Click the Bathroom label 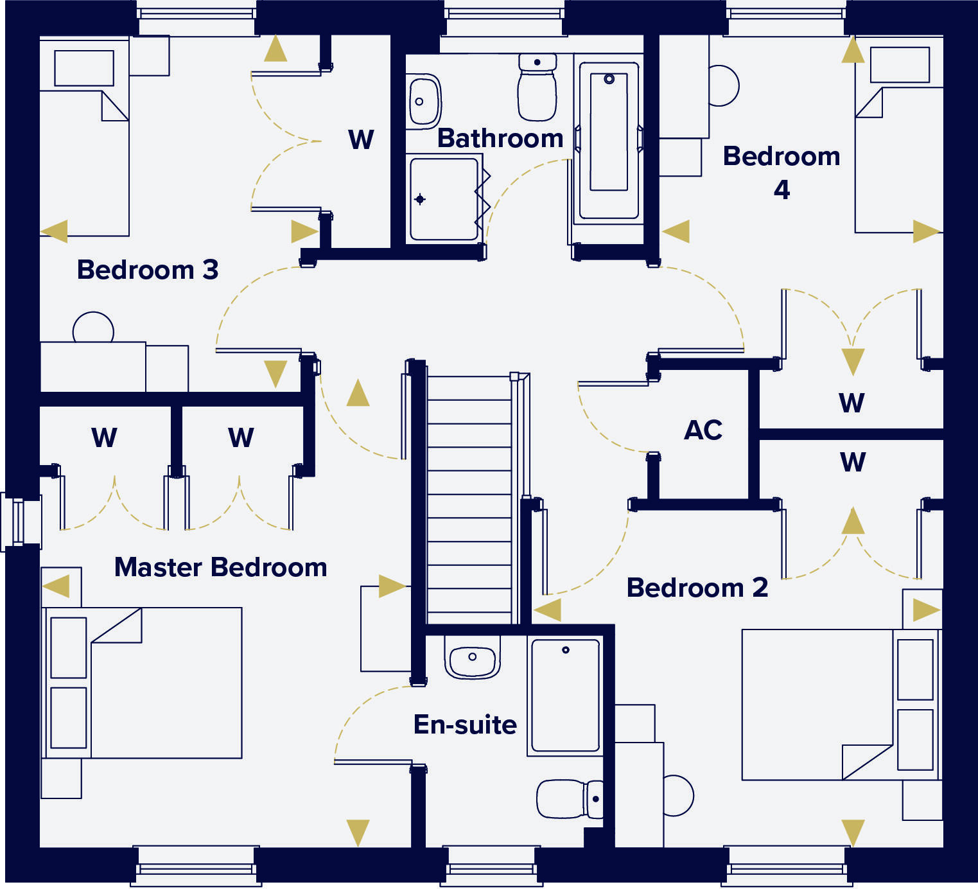pos(500,139)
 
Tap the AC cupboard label pos(703,430)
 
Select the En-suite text pos(465,725)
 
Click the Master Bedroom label pos(220,568)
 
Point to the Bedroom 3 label pos(148,270)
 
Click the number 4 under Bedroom pos(782,190)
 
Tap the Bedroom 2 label pos(697,588)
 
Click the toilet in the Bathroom pos(537,87)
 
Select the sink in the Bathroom pos(422,101)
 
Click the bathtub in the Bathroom pos(609,140)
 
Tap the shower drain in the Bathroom pos(420,199)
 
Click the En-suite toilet pos(569,799)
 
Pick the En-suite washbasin pos(472,658)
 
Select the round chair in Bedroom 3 pos(93,329)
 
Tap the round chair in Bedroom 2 pos(678,795)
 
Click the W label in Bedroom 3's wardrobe pos(361,139)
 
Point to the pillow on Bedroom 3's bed pos(84,67)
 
